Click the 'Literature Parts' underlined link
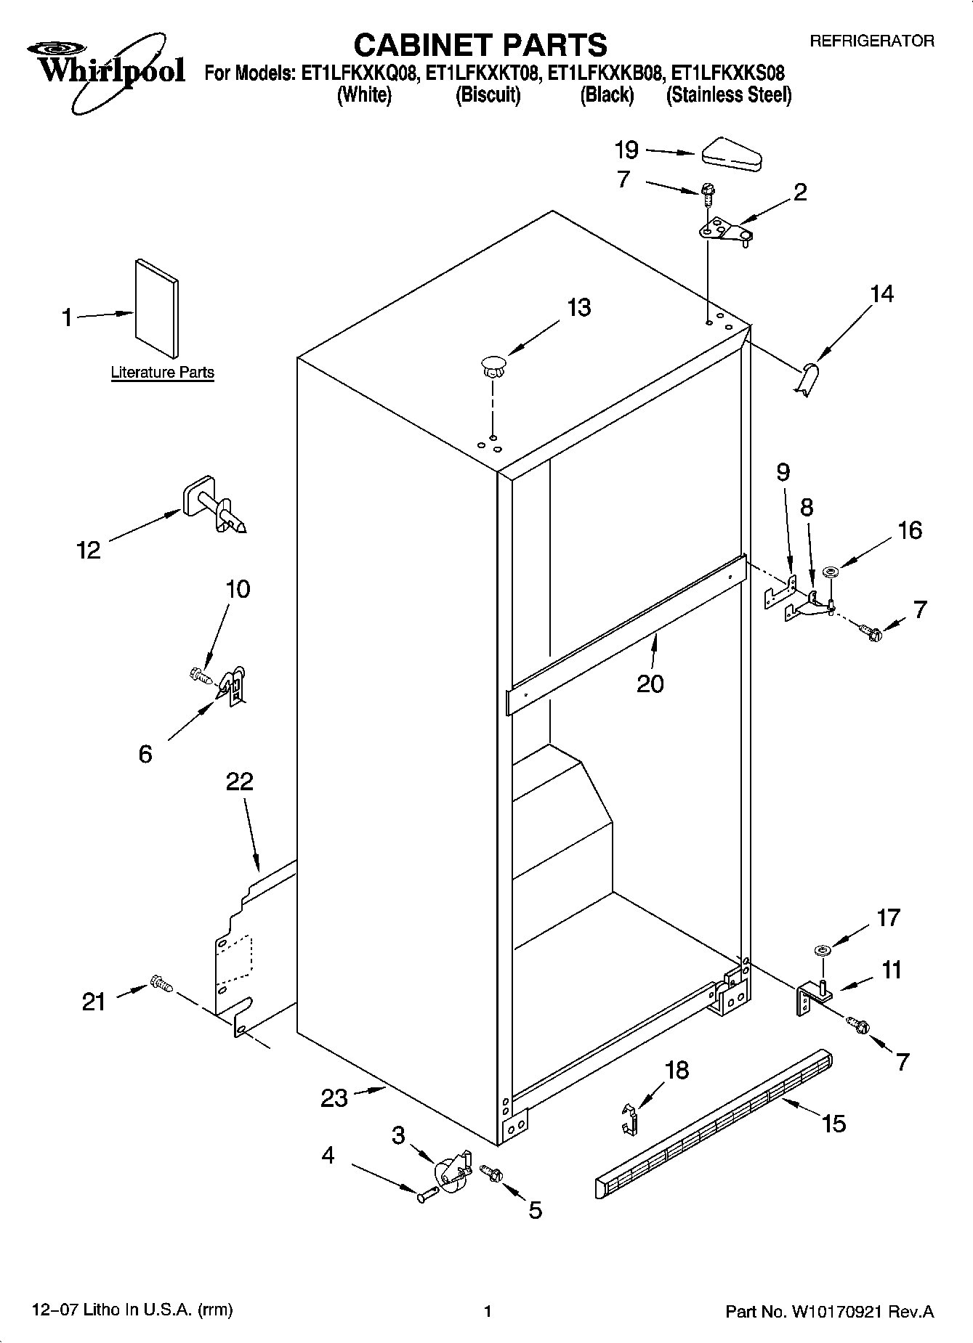(162, 373)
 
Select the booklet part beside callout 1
(156, 308)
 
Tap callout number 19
(626, 150)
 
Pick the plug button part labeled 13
(493, 365)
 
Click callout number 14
(881, 294)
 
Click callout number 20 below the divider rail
(650, 683)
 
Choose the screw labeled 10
(199, 675)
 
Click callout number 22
(239, 782)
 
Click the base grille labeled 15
(712, 1118)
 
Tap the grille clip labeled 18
(630, 1118)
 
